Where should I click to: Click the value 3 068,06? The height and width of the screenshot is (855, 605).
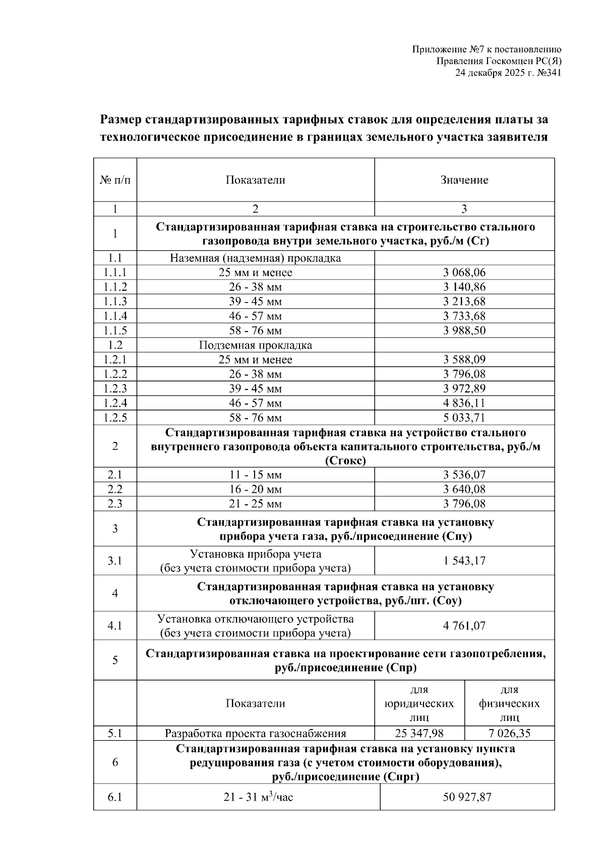tap(464, 273)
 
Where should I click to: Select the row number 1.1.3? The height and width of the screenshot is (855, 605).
tap(115, 301)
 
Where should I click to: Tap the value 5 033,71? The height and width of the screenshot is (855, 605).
tap(464, 418)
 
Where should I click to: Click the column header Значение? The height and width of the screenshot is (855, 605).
tap(464, 180)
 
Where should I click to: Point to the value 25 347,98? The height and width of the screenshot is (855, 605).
tap(419, 733)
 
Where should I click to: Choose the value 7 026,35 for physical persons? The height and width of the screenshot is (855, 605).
tap(509, 733)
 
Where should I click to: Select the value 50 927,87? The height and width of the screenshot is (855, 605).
tap(467, 797)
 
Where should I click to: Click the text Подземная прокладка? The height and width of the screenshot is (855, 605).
tap(256, 345)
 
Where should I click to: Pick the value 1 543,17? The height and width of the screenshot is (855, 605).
tap(464, 561)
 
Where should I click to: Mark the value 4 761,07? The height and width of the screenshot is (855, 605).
tap(464, 626)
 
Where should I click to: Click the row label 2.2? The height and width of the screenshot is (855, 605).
tap(115, 489)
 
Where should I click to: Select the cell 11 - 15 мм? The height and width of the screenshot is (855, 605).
tap(256, 475)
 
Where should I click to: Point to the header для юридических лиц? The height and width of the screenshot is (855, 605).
tap(419, 703)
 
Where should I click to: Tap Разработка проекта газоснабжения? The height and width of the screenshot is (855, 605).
tap(256, 733)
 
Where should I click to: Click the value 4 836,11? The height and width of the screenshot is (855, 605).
tap(464, 403)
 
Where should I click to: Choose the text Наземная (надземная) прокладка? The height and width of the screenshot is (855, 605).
tap(256, 258)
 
